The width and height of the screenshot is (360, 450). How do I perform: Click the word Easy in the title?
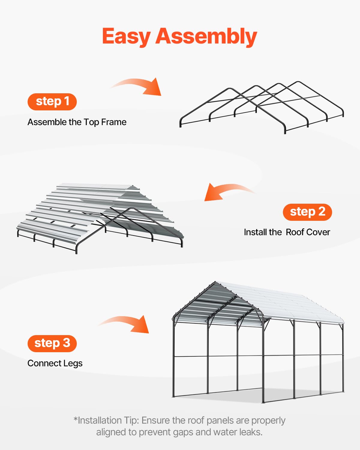click(126, 37)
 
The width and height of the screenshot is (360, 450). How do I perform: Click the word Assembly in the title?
click(206, 37)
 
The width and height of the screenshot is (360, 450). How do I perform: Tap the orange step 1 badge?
click(52, 102)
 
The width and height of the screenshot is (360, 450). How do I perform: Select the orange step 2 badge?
click(307, 212)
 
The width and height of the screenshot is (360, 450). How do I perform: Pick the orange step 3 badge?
click(52, 343)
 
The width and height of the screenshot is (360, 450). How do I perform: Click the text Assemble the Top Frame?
click(77, 122)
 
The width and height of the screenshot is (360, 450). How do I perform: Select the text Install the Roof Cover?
click(287, 232)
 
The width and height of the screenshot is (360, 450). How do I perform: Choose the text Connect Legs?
click(55, 363)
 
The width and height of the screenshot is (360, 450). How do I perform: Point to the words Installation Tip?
click(108, 421)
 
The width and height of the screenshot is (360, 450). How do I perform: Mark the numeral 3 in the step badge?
click(66, 343)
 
